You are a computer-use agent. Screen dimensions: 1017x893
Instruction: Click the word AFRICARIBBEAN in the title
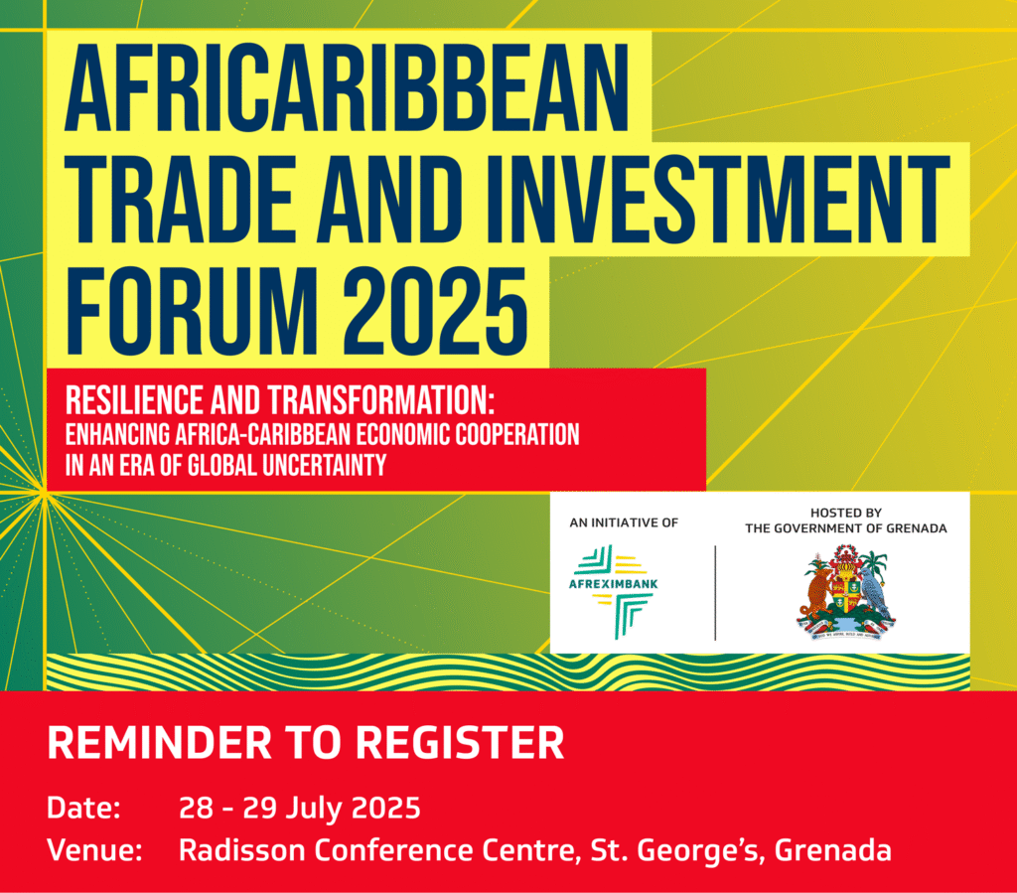pyautogui.click(x=347, y=88)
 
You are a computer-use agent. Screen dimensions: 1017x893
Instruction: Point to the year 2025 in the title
pyautogui.click(x=435, y=311)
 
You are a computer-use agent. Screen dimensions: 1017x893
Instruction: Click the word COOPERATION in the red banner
pyautogui.click(x=516, y=434)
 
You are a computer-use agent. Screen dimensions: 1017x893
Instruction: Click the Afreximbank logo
pyautogui.click(x=613, y=591)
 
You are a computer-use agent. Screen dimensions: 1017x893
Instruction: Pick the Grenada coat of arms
pyautogui.click(x=846, y=592)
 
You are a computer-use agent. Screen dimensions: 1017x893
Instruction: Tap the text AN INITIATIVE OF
pyautogui.click(x=624, y=522)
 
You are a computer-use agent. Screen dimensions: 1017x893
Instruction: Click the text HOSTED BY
pyautogui.click(x=846, y=513)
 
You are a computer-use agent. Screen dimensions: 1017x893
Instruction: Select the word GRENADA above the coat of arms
pyautogui.click(x=917, y=527)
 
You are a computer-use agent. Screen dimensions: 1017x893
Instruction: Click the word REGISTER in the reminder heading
pyautogui.click(x=461, y=743)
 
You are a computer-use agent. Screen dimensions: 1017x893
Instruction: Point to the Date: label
pyautogui.click(x=83, y=808)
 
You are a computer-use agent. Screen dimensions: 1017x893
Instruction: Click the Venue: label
pyautogui.click(x=94, y=850)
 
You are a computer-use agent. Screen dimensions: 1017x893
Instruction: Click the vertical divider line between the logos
pyautogui.click(x=715, y=593)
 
